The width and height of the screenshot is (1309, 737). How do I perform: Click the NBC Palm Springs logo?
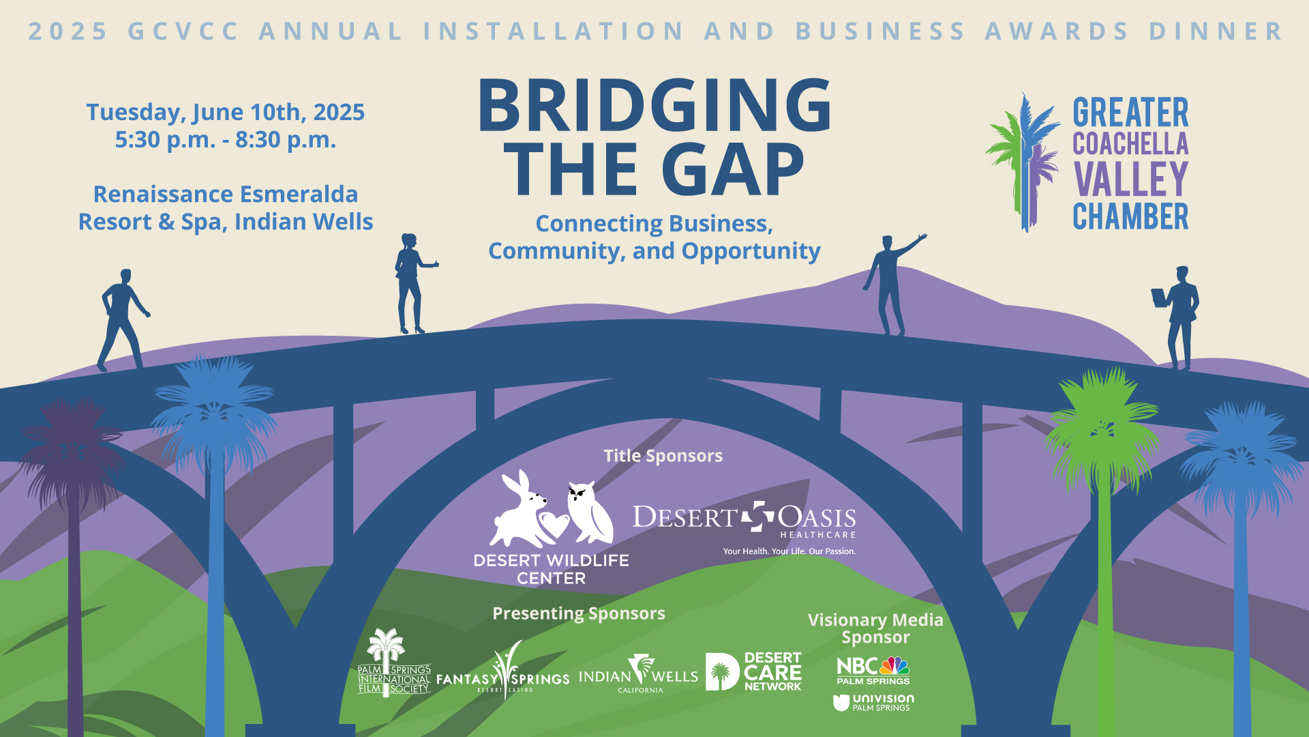pos(873,670)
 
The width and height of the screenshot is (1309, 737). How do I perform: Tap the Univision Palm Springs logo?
pos(873,703)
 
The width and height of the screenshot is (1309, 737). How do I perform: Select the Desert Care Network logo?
pos(753,671)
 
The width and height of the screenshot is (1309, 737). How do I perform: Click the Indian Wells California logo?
pos(639,674)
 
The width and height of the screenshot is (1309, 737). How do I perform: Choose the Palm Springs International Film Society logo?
pos(394,663)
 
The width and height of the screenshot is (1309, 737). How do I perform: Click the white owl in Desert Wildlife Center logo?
pos(590,511)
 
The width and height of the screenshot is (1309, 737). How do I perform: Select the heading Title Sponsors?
pos(663,456)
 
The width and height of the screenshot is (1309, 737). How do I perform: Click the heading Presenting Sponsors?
pos(579,613)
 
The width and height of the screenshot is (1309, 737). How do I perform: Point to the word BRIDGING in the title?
pos(654,105)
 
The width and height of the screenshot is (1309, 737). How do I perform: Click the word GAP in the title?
pos(733,169)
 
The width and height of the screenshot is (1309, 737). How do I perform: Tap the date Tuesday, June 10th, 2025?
pos(226,112)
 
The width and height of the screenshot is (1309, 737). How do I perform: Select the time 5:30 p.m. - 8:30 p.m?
pos(226,140)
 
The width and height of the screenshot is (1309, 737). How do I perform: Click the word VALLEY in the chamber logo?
pos(1130,179)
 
